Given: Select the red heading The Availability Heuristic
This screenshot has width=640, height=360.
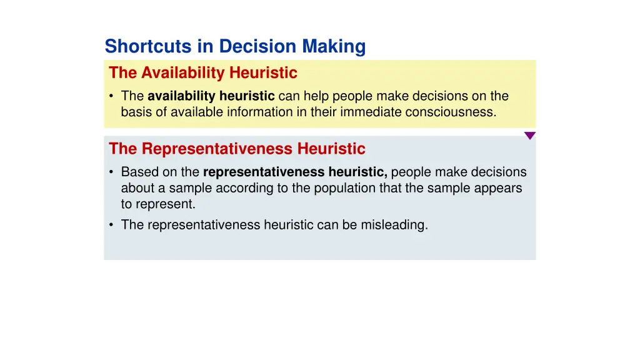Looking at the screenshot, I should pos(203,73).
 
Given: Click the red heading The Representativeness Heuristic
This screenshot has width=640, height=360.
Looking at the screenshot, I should pos(237,149).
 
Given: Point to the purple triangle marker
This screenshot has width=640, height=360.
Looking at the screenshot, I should pos(529,136).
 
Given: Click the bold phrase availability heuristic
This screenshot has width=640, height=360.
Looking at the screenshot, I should pos(211,96).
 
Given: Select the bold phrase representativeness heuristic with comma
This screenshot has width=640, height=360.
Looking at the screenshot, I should pos(295,172).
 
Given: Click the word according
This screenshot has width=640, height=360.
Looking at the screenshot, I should pos(239,188).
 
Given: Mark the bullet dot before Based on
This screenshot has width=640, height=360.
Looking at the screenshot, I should pos(111,172).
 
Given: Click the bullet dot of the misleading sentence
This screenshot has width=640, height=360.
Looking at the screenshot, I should pos(111,226).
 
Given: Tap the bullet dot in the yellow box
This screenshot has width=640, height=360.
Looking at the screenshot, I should pos(111,97).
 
